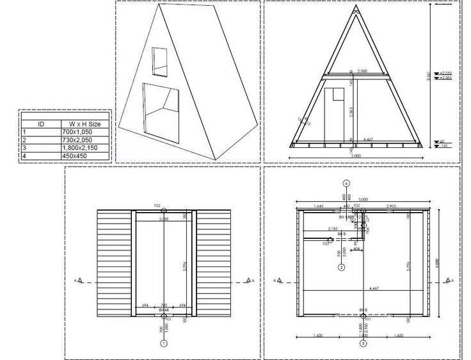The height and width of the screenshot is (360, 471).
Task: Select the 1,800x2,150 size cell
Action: (x=83, y=148)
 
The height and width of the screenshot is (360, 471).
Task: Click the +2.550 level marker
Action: (x=446, y=73)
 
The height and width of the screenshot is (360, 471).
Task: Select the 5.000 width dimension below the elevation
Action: (x=355, y=155)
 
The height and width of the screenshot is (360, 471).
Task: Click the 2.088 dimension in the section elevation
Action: (x=362, y=71)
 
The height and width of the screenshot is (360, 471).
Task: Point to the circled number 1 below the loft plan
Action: (x=164, y=343)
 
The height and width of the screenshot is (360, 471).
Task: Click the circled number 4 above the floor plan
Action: (x=346, y=183)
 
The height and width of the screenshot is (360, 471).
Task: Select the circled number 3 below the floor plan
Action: (x=363, y=343)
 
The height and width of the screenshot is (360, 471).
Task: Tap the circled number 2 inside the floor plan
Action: (x=342, y=267)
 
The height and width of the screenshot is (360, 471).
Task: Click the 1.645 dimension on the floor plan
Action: (x=319, y=206)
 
